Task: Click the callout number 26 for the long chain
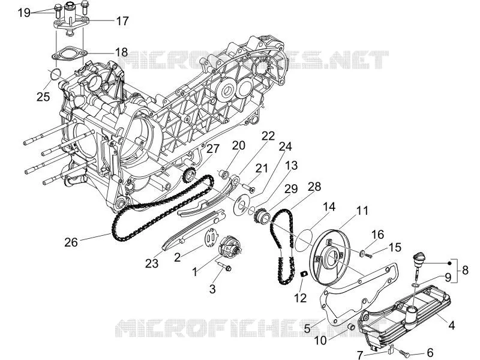click(71, 242)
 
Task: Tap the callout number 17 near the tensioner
click(122, 21)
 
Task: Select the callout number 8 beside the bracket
click(465, 270)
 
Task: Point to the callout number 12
click(301, 298)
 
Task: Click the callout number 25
click(43, 97)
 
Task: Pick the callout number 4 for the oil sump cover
click(451, 325)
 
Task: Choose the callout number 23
click(152, 263)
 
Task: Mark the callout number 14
click(329, 206)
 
